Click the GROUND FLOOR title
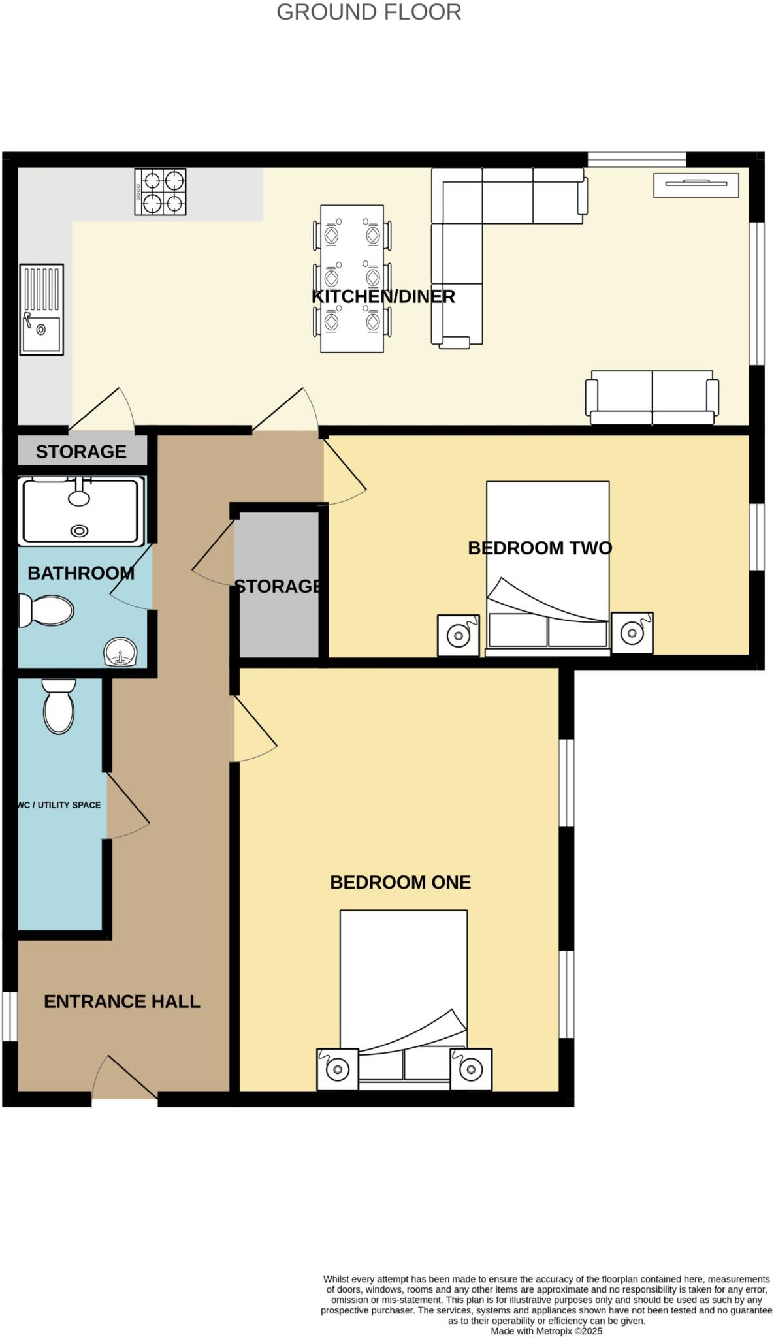point(368,12)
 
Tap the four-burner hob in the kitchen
point(160,191)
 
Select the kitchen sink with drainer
point(41,309)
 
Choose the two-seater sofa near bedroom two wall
point(651,397)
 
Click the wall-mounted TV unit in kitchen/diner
point(696,184)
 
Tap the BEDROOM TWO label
point(540,548)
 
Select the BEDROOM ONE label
point(400,882)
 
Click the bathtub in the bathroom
point(81,511)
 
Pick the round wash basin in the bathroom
point(120,652)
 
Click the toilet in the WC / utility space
point(59,706)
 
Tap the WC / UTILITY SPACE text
point(59,805)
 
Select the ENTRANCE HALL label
point(121,1001)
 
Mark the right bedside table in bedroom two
point(632,633)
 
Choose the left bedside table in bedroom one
point(337,1069)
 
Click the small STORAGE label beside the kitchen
point(81,451)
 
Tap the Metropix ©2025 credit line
point(546,1330)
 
